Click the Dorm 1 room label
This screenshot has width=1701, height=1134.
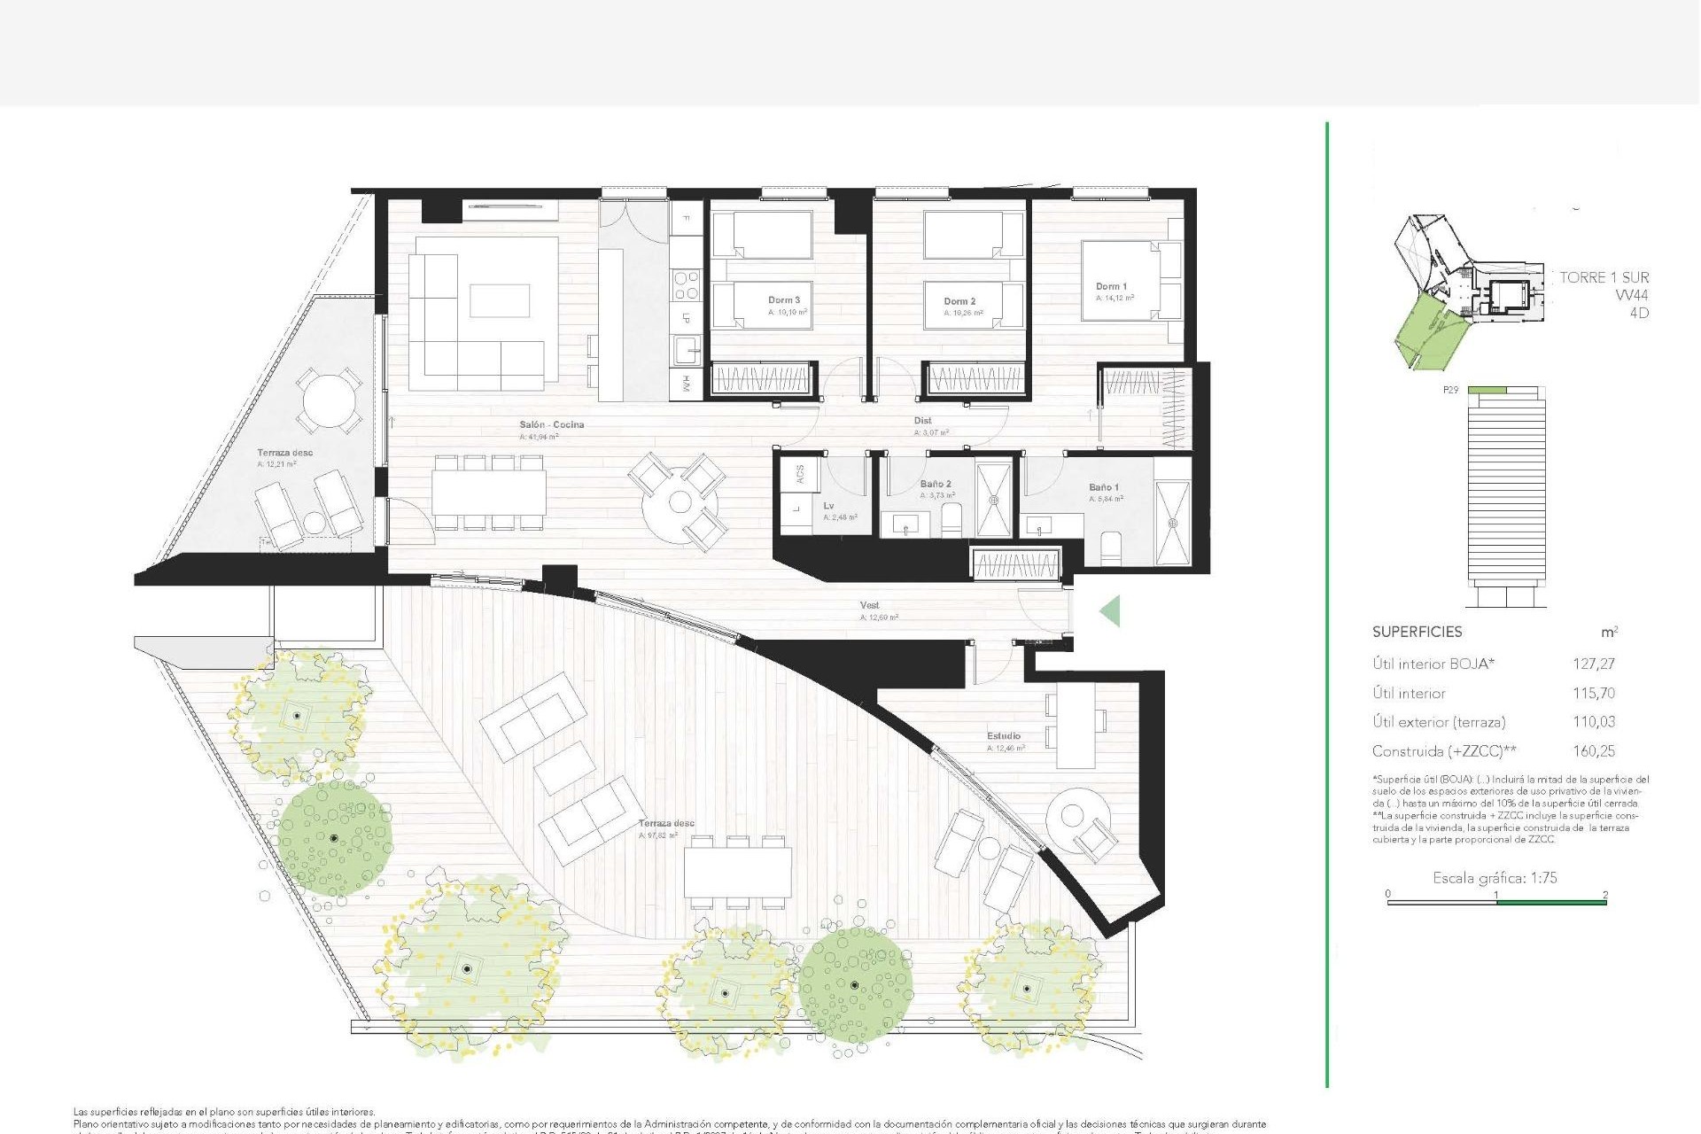(1111, 286)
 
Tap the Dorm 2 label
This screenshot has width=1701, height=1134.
(959, 301)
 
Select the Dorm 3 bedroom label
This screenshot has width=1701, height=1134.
(784, 300)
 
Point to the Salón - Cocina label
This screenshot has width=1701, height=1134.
(551, 424)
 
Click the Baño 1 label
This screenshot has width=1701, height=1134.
(1103, 487)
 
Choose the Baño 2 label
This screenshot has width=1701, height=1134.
(936, 484)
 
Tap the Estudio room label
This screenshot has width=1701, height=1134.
(1004, 736)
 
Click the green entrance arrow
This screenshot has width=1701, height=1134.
(1110, 611)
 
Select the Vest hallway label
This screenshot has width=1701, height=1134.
(869, 606)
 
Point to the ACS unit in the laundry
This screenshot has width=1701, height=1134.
(800, 474)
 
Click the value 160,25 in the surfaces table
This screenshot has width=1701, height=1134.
(1593, 751)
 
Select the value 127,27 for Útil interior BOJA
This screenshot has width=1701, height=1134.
(1593, 664)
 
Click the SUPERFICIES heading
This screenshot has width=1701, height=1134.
(1417, 632)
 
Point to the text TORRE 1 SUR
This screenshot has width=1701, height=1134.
(1604, 277)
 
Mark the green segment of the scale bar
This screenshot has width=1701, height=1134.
(1551, 902)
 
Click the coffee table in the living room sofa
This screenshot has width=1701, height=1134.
(500, 300)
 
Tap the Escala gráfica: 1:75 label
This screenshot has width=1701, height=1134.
(1495, 878)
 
